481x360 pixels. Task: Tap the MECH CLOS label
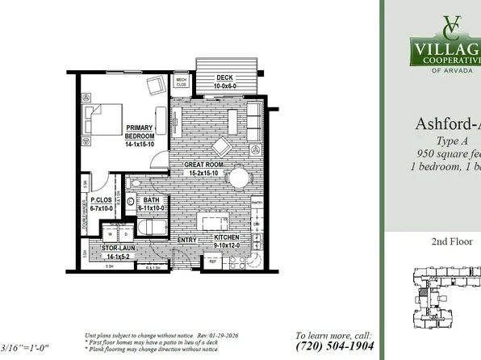(182, 82)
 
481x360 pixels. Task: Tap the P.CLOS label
(102, 203)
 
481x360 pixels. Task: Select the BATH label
(151, 203)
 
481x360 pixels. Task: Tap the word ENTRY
(187, 239)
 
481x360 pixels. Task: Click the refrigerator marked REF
(213, 262)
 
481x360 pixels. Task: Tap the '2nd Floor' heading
(451, 241)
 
